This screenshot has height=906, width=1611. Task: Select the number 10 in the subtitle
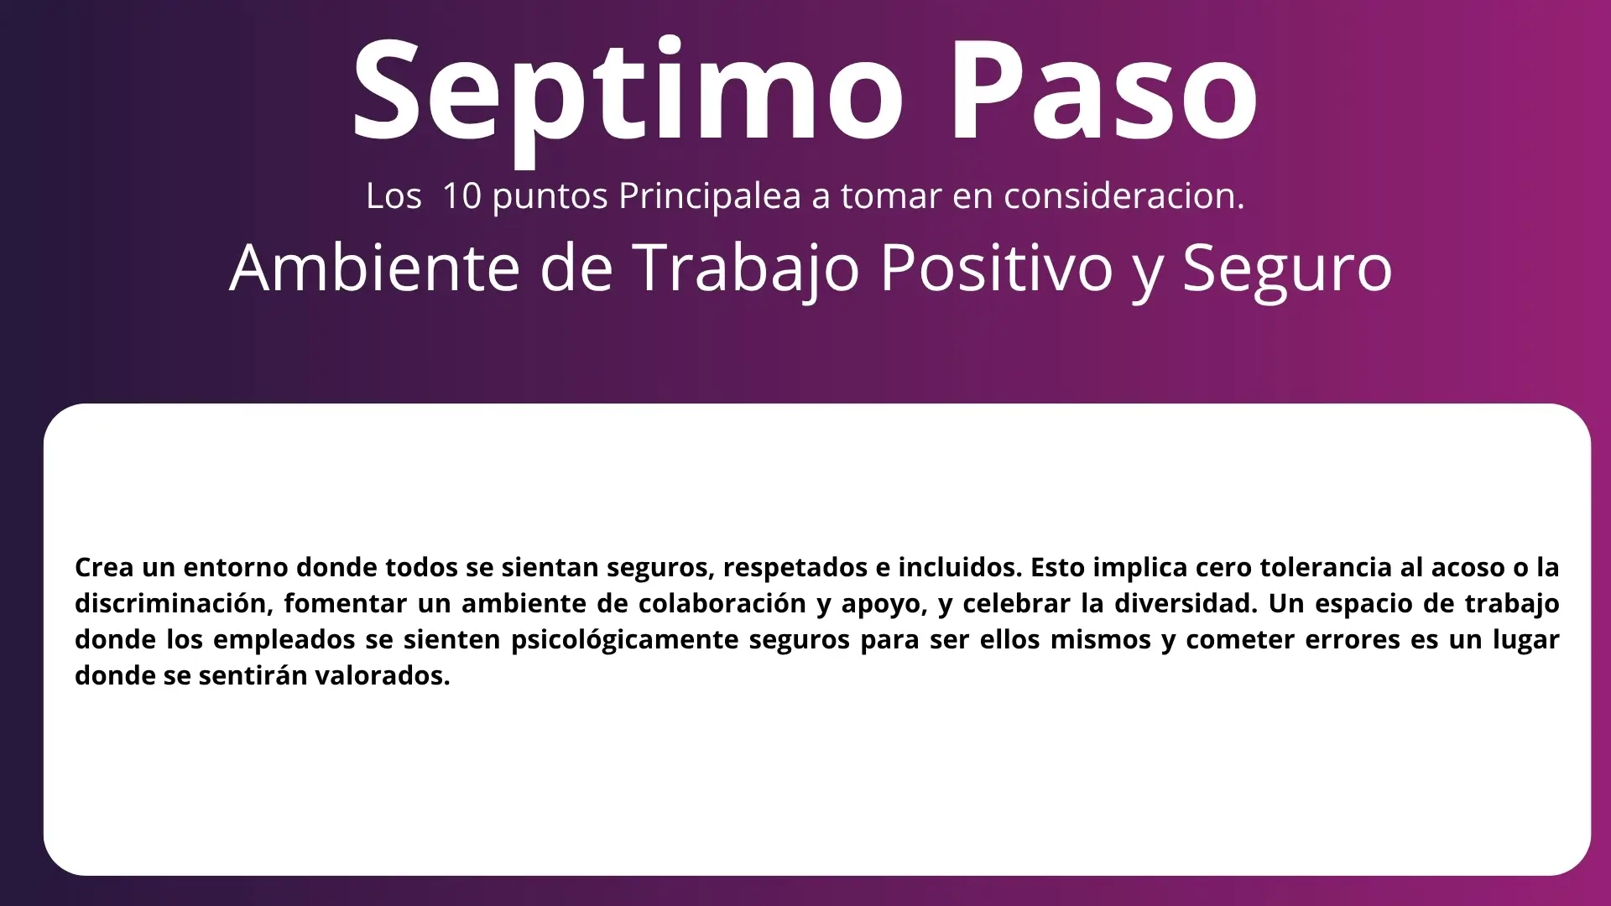[x=461, y=195]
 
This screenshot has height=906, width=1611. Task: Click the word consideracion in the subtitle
[x=1124, y=195]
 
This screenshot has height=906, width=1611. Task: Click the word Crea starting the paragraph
[x=104, y=568]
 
